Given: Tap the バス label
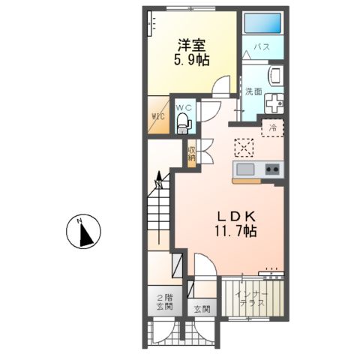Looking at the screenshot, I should pos(261,48).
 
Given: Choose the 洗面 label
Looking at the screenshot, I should pos(253,91).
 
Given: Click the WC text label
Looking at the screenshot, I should pos(184,107).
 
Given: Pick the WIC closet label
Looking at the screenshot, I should pos(158,117).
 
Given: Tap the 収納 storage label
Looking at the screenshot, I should pos(192,153).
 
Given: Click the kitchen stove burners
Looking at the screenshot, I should pos(271,169).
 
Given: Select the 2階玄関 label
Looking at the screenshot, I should pos(163,302).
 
